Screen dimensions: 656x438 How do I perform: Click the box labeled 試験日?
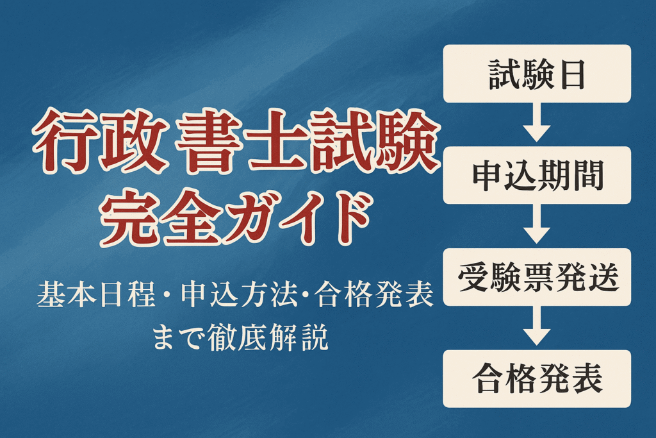[537, 74]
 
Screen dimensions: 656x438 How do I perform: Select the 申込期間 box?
[537, 175]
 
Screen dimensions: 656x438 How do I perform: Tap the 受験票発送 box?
[537, 277]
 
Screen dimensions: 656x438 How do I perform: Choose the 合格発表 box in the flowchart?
[537, 378]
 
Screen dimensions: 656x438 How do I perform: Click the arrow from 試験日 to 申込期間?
[537, 122]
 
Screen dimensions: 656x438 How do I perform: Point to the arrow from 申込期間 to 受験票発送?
[537, 224]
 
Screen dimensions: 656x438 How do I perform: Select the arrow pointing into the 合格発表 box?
[537, 326]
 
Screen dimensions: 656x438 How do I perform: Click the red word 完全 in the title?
[163, 218]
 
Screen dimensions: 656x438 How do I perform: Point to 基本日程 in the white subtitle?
[96, 294]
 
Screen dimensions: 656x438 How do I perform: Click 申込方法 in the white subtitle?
[240, 294]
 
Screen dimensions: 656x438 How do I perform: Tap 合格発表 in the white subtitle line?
[373, 294]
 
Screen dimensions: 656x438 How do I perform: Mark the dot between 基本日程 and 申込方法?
[168, 296]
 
